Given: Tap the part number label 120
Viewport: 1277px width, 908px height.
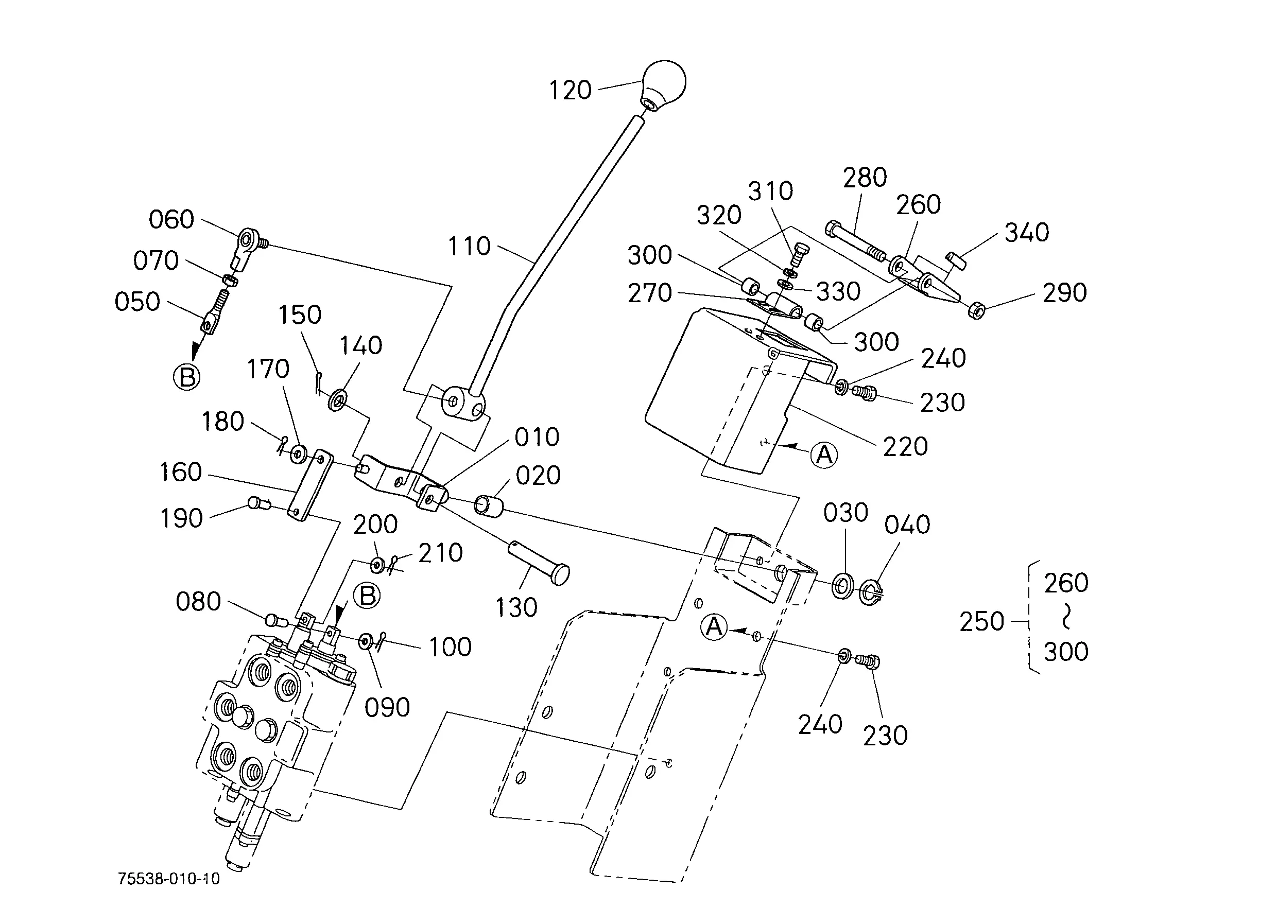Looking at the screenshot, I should [x=570, y=91].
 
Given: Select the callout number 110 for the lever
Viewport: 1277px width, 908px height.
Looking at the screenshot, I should [x=469, y=247].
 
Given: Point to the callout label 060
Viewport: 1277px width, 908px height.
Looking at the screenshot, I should [x=171, y=220].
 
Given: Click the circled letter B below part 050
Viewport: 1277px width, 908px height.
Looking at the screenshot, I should [x=187, y=377].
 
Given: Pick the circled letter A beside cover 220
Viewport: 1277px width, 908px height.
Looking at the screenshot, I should [x=824, y=455].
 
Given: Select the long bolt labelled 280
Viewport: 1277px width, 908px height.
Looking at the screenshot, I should [x=855, y=241].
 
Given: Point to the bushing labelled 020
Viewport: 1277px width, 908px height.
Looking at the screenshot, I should [x=488, y=505].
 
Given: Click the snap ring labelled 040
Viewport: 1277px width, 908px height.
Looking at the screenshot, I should [x=870, y=592].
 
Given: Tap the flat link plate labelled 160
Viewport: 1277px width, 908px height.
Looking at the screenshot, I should [x=310, y=485].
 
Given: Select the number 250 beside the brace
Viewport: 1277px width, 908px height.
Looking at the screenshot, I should [x=981, y=622].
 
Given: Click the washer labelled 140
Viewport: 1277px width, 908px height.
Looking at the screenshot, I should [x=338, y=400].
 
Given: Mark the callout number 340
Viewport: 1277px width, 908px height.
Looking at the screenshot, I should [x=1026, y=233].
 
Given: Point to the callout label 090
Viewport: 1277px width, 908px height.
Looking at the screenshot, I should [x=387, y=708].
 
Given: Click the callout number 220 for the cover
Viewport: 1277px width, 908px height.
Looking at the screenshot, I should [x=905, y=447].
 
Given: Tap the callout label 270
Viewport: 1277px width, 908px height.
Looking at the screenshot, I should [x=649, y=293].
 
